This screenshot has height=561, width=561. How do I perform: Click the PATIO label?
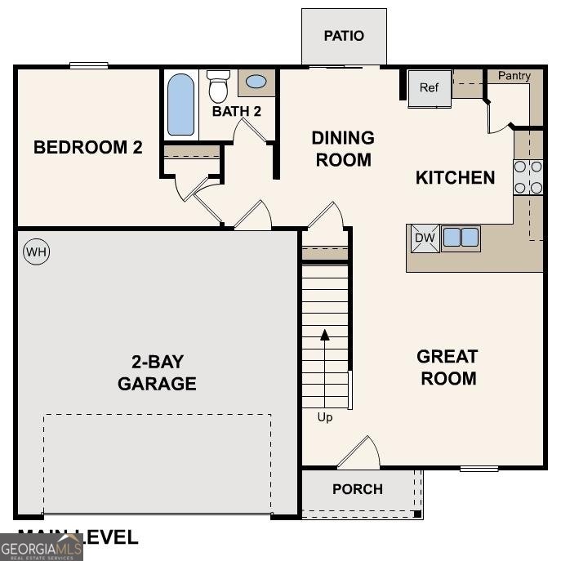344,36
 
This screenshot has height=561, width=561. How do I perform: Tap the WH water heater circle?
36,252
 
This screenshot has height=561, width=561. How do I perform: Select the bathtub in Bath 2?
181,105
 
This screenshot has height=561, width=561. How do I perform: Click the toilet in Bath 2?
218,85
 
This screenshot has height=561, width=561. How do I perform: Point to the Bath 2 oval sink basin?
256,82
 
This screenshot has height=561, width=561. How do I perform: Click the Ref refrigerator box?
430,88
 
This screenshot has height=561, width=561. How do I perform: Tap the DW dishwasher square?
424,238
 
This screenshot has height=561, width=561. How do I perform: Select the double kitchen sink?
461,238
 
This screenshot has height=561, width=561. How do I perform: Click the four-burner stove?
528,177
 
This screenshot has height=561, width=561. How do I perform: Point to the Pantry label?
514,76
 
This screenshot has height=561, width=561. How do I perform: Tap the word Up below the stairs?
325,417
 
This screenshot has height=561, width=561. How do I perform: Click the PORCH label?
358,489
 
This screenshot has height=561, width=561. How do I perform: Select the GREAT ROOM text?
447,367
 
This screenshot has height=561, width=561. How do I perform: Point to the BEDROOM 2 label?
88,148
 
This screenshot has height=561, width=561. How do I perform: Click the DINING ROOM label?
343,149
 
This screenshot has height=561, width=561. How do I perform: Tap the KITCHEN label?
456,178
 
